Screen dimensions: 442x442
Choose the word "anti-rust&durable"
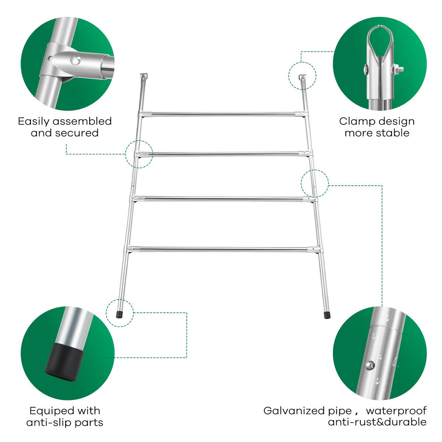tap(377, 422)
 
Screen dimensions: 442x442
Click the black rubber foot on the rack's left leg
tap(119, 314)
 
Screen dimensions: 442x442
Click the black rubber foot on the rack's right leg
tap(327, 315)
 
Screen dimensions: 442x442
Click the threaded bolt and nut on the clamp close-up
tap(398, 69)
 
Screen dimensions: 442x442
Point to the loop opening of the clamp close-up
tap(379, 43)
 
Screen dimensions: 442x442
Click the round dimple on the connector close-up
tap(76, 60)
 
